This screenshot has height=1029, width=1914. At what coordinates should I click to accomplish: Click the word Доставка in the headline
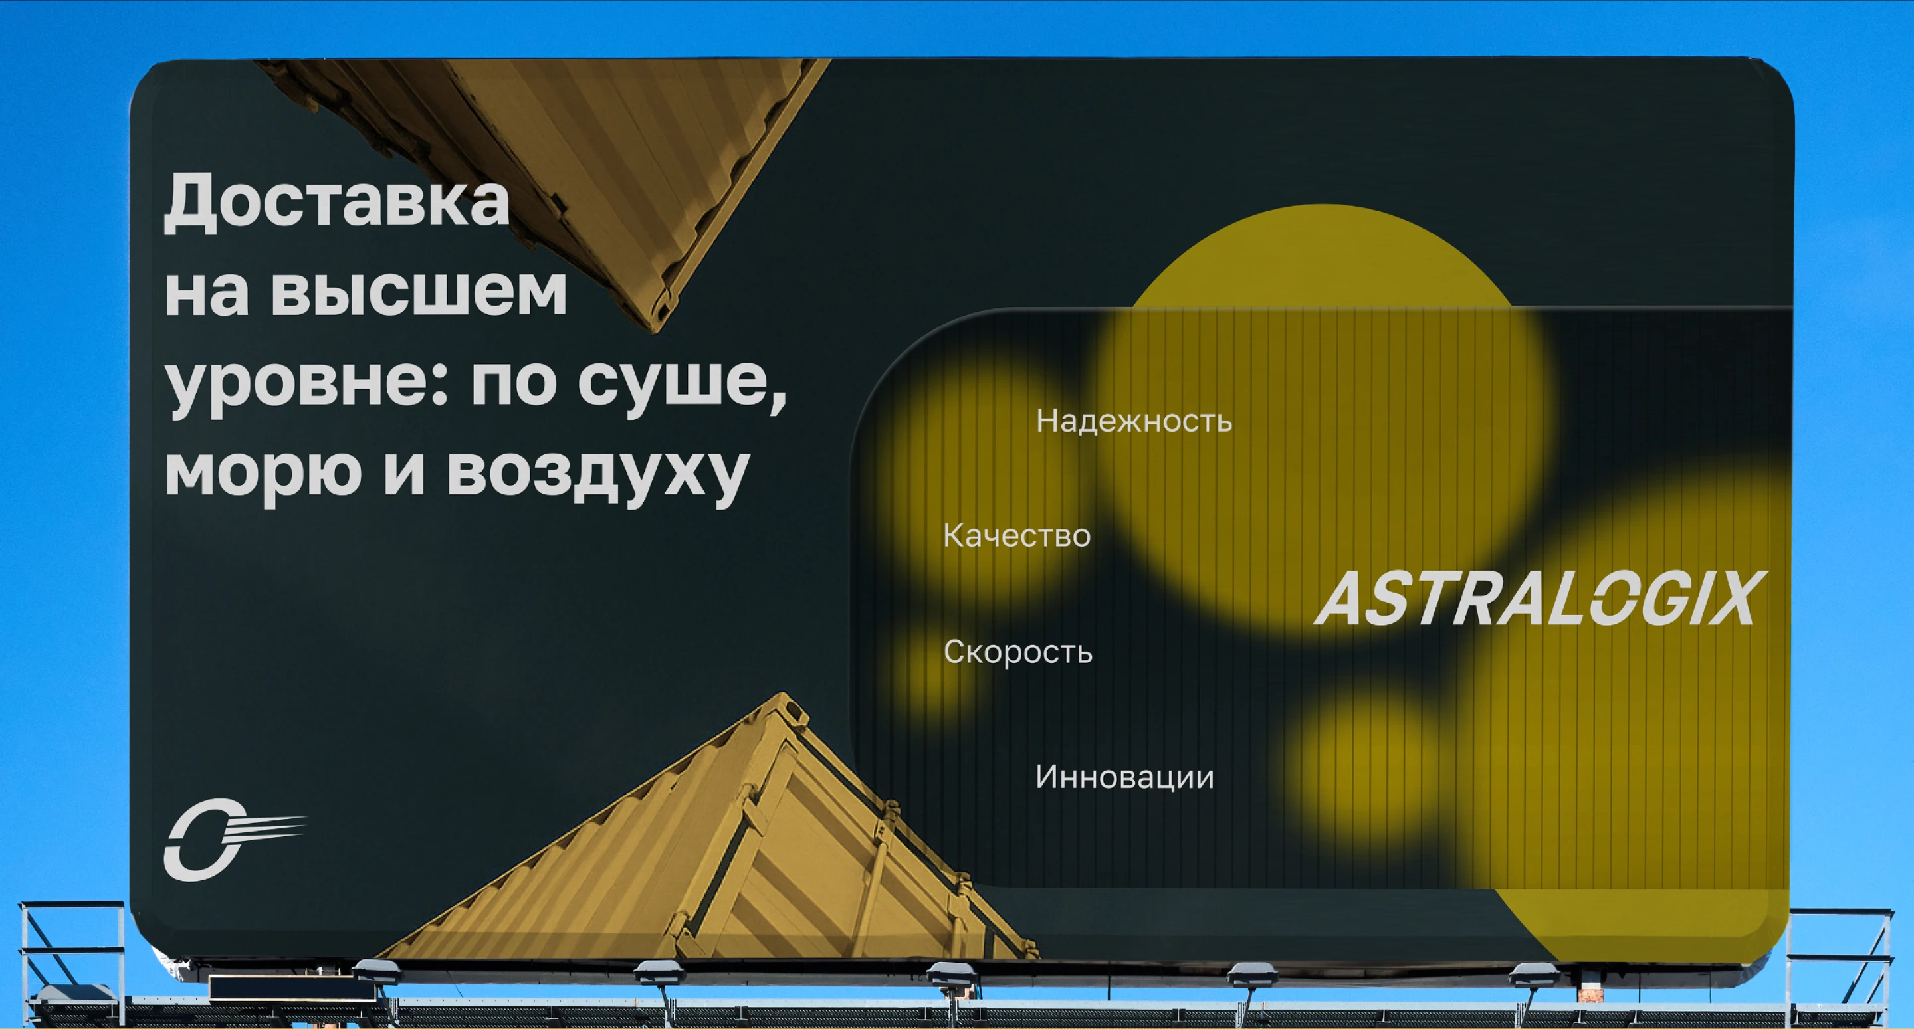[x=336, y=202]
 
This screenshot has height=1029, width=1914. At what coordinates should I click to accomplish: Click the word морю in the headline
[x=263, y=472]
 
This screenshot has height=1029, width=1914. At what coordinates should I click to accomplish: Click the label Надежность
[x=1134, y=421]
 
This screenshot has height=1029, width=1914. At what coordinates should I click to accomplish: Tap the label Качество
[x=1016, y=535]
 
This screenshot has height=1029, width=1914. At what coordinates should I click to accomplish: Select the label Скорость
[x=1018, y=652]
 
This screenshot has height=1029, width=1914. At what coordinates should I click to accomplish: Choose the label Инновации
[x=1124, y=777]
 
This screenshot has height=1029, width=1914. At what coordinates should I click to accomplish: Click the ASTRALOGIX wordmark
[x=1541, y=599]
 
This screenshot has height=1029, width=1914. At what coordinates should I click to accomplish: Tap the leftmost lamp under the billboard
[x=376, y=970]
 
